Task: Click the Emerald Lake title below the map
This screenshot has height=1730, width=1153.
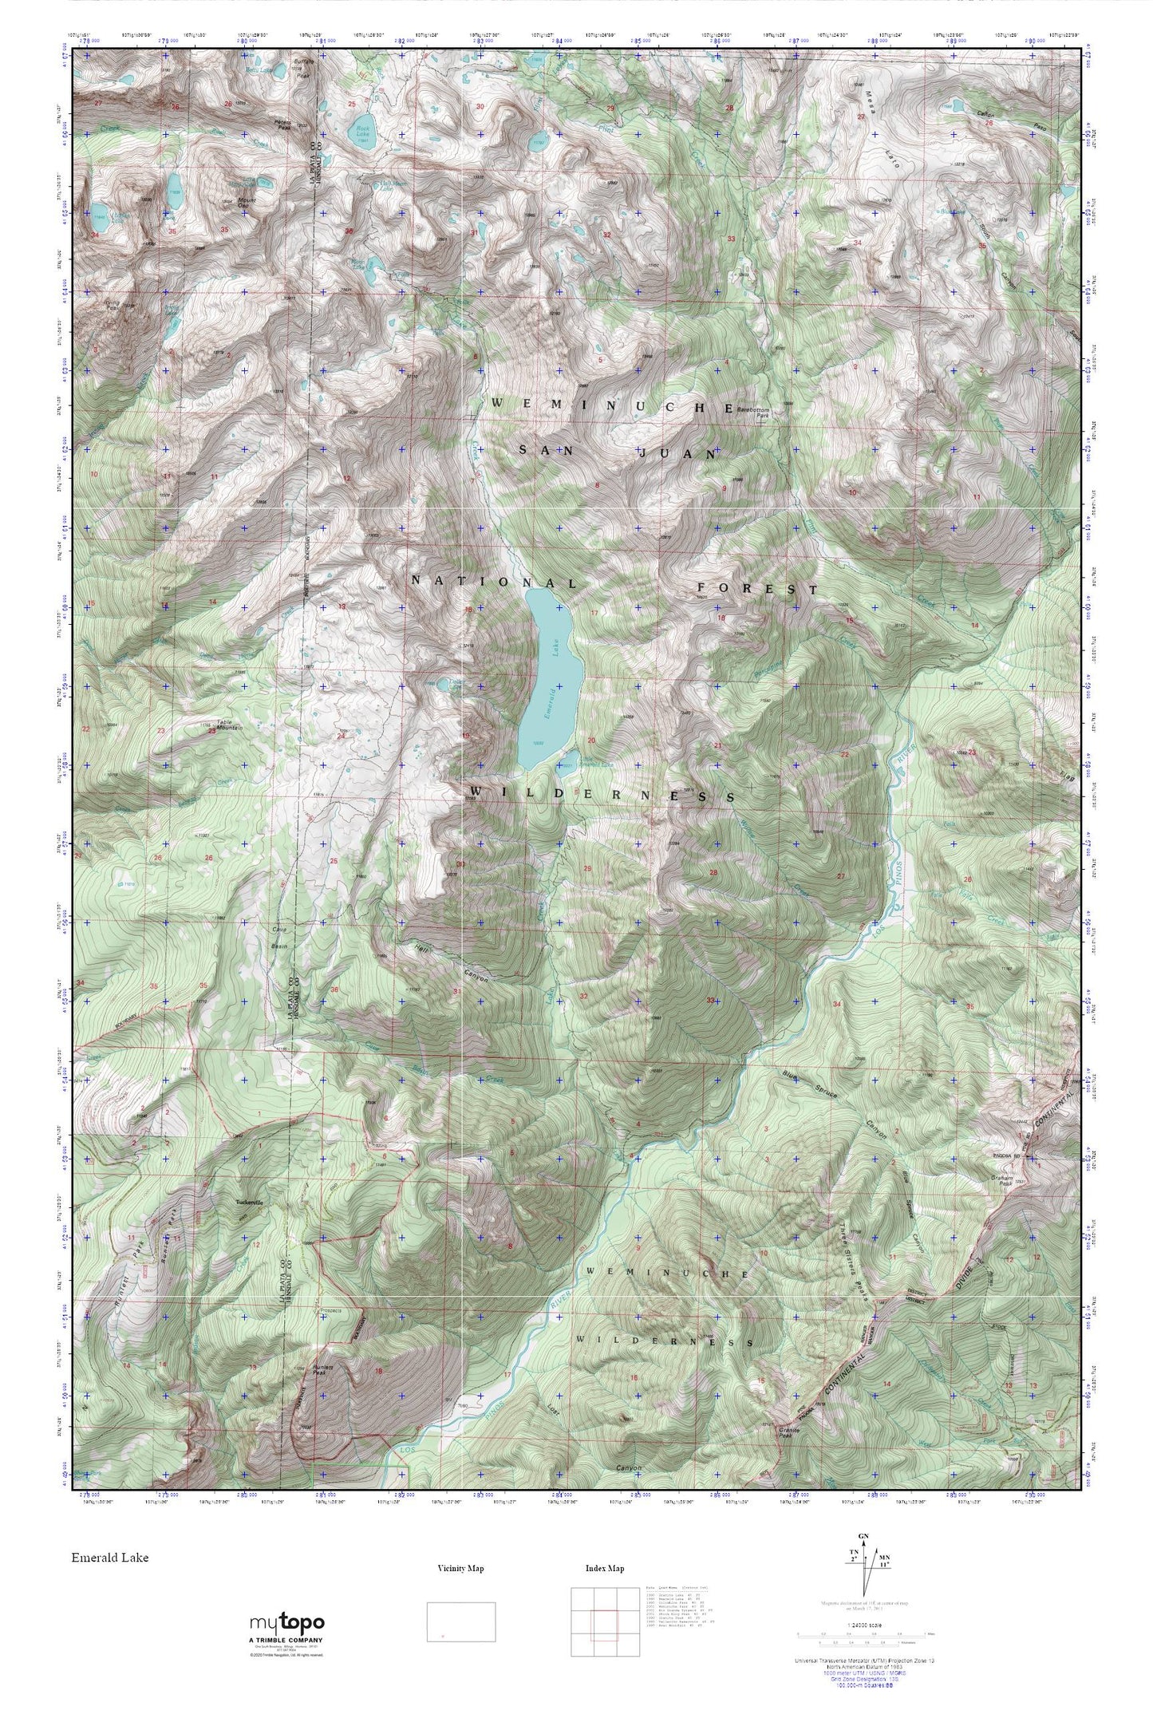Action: click(109, 1556)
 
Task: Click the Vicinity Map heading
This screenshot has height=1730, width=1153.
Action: click(460, 1568)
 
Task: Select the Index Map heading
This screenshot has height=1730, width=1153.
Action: click(604, 1568)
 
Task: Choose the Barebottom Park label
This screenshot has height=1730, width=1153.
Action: click(755, 413)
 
